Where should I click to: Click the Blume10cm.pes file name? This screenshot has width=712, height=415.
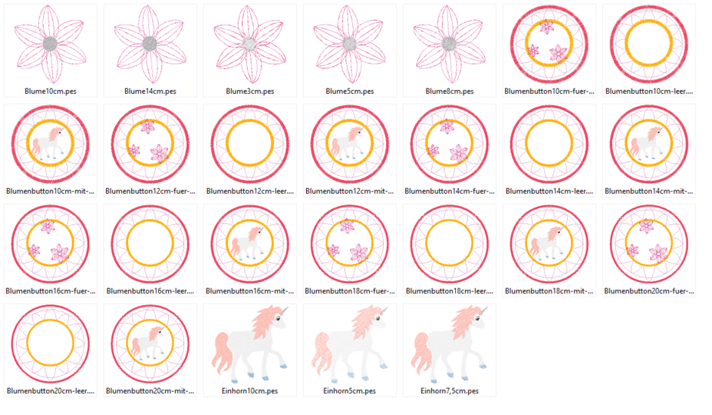click(x=50, y=91)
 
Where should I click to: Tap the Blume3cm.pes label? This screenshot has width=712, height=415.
click(x=249, y=91)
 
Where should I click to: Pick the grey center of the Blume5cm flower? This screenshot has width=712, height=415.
click(x=349, y=43)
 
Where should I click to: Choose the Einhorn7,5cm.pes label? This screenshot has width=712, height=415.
click(x=450, y=391)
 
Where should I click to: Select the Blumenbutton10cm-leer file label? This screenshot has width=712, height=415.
click(x=649, y=91)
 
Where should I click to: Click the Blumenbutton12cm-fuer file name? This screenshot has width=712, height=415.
click(x=150, y=191)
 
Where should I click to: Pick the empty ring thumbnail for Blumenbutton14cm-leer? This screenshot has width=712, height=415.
click(x=549, y=144)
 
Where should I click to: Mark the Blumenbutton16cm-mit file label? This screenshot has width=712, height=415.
click(x=250, y=291)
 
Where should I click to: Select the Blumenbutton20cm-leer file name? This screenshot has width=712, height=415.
click(x=51, y=391)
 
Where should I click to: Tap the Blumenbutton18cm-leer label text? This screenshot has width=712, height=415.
click(x=450, y=291)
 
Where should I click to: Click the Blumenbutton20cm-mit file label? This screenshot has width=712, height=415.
click(x=150, y=391)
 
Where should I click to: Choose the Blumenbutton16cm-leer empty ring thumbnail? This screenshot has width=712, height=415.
click(x=150, y=244)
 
